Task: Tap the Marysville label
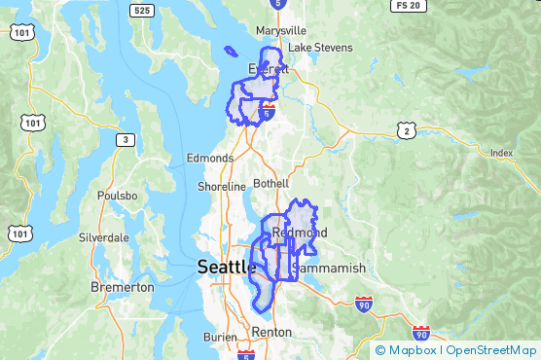pyautogui.click(x=280, y=30)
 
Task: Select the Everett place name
pyautogui.click(x=269, y=69)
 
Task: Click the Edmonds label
pyautogui.click(x=210, y=158)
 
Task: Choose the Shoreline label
pyautogui.click(x=222, y=186)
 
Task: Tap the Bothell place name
pyautogui.click(x=270, y=183)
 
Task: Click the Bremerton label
pyautogui.click(x=122, y=288)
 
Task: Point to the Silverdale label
pyautogui.click(x=104, y=236)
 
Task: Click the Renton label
pyautogui.click(x=270, y=332)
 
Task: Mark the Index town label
pyautogui.click(x=501, y=153)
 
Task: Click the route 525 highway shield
pyautogui.click(x=142, y=11)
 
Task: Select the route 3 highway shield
pyautogui.click(x=124, y=140)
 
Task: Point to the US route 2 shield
pyautogui.click(x=406, y=129)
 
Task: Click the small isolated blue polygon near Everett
pyautogui.click(x=230, y=52)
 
